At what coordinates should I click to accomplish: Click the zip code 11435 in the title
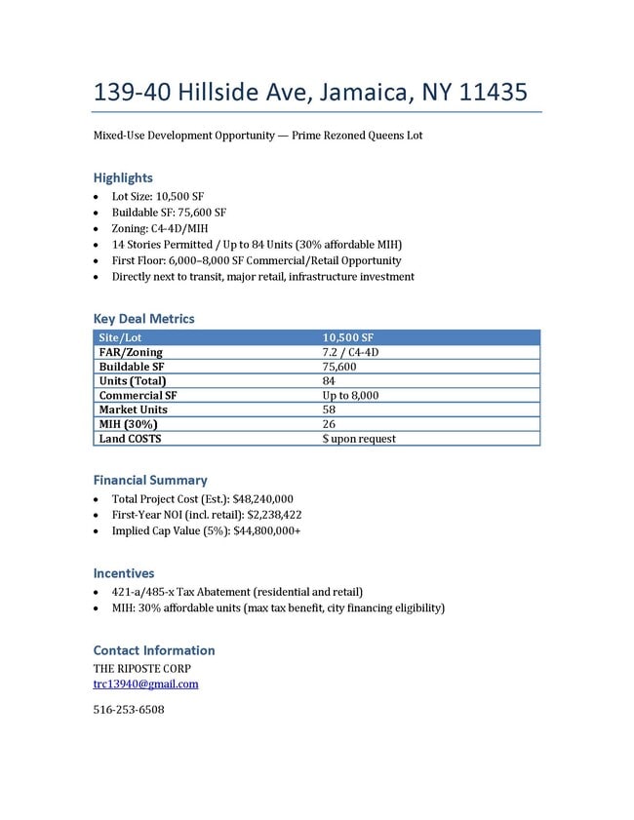pyautogui.click(x=494, y=93)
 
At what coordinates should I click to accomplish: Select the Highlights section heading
pyautogui.click(x=123, y=177)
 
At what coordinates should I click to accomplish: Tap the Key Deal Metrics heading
pyautogui.click(x=143, y=319)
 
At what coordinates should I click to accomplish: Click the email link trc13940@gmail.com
pyautogui.click(x=145, y=683)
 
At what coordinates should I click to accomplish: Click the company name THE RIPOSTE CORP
pyautogui.click(x=141, y=668)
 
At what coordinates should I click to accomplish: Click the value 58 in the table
pyautogui.click(x=329, y=410)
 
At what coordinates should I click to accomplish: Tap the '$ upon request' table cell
pyautogui.click(x=359, y=439)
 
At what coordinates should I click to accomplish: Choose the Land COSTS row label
pyautogui.click(x=131, y=439)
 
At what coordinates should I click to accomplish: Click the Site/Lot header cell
pyautogui.click(x=121, y=337)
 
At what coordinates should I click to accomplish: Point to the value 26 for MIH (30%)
pyautogui.click(x=329, y=424)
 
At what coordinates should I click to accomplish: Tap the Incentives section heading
pyautogui.click(x=124, y=573)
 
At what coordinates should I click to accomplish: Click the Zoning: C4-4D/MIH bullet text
pyautogui.click(x=160, y=228)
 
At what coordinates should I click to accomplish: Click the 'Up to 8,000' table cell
pyautogui.click(x=350, y=396)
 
